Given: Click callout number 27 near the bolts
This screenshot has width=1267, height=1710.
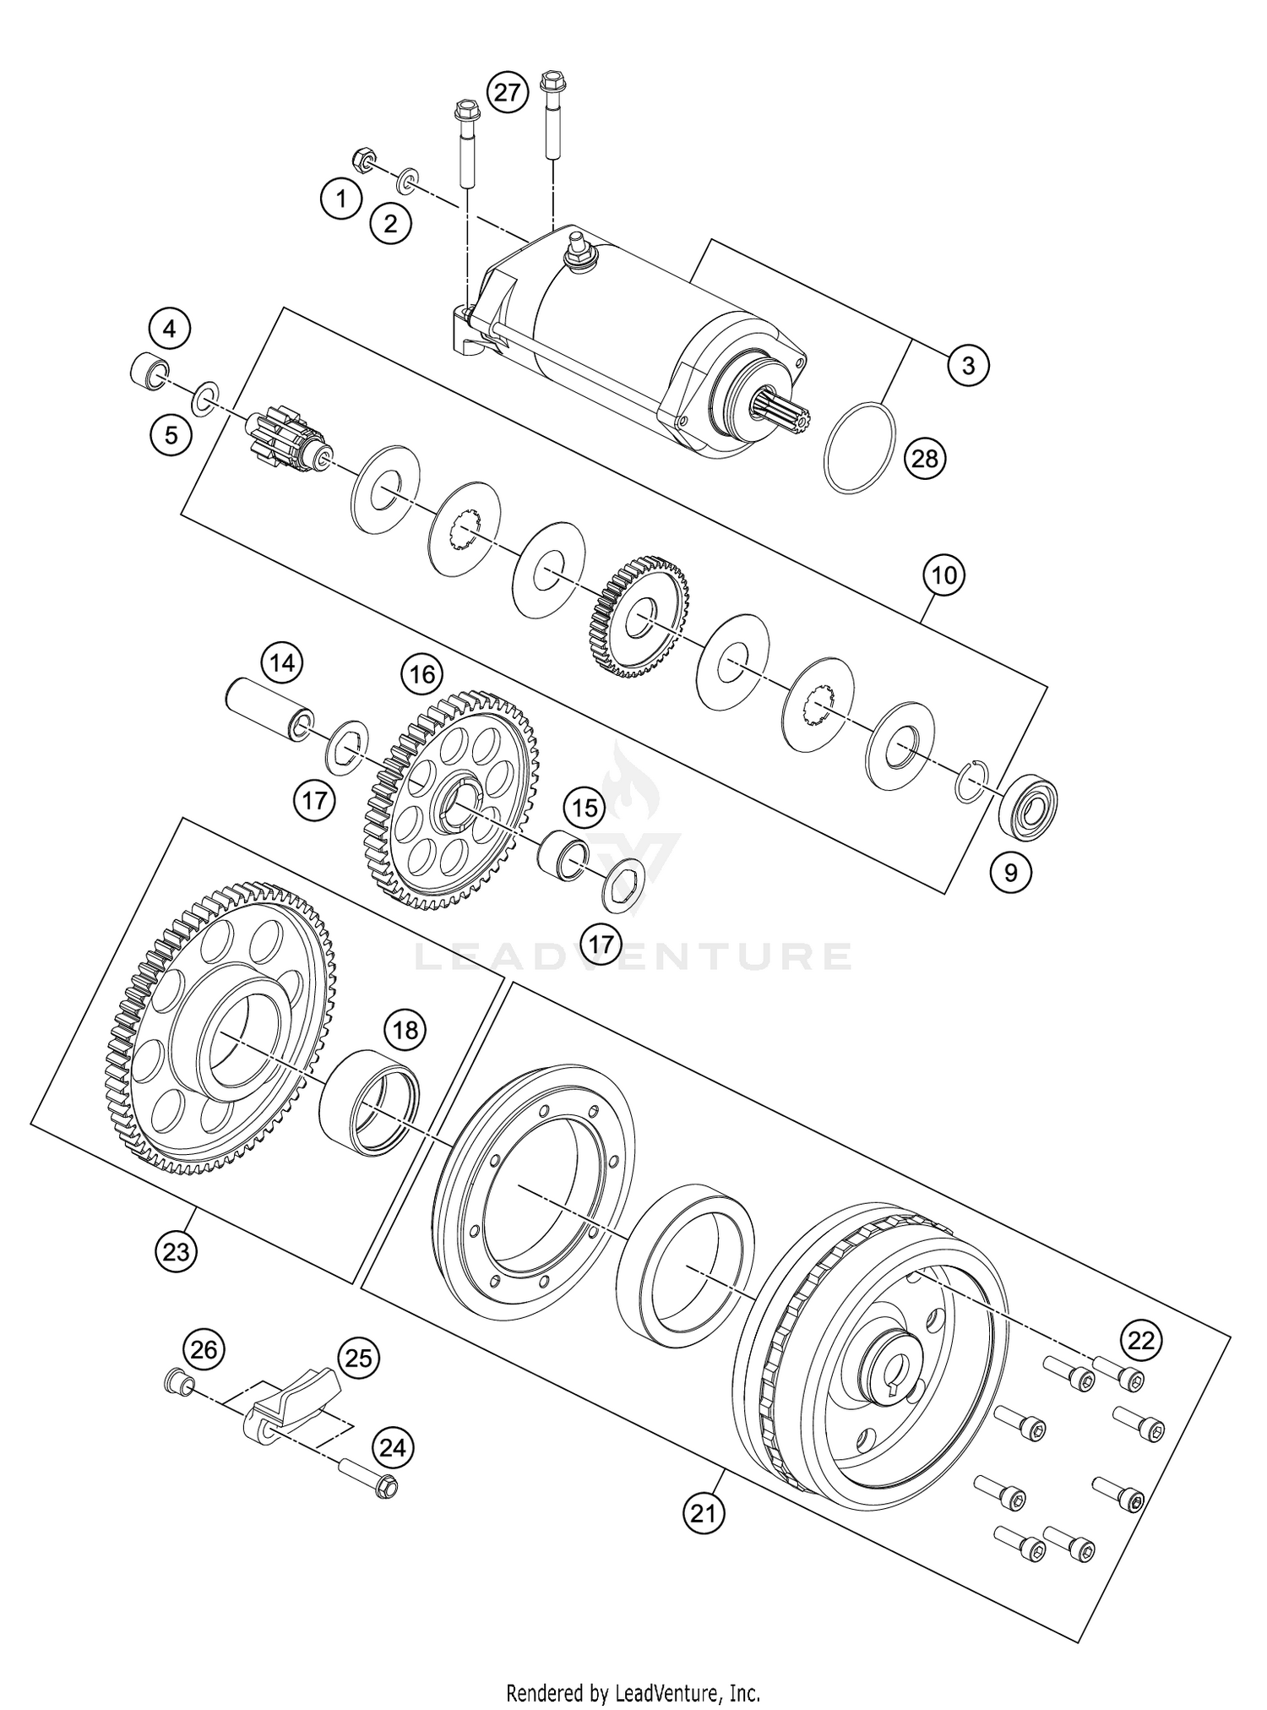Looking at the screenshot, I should point(507,92).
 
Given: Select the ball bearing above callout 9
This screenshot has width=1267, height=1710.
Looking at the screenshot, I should point(1029,806).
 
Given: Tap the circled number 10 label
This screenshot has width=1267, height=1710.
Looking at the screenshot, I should point(943,575).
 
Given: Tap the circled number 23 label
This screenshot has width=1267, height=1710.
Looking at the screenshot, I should point(176,1250).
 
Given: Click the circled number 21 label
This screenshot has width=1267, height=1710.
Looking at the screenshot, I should point(704,1514).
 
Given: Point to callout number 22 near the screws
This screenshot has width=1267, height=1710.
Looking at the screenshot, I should point(1141,1341).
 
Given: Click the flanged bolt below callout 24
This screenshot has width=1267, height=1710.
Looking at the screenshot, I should point(369,1475).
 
